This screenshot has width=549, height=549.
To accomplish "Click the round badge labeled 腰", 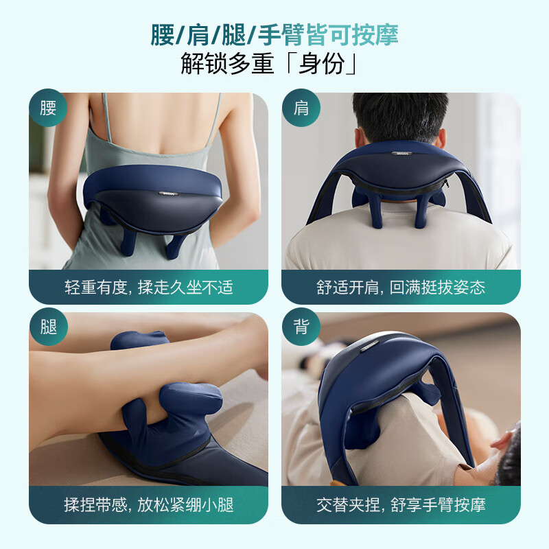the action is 48,108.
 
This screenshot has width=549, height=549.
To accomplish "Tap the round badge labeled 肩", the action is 301,108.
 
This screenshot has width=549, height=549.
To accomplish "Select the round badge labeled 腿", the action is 48,327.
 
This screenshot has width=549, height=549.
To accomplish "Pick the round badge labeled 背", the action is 301,327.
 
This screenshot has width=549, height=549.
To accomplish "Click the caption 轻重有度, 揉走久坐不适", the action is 149,288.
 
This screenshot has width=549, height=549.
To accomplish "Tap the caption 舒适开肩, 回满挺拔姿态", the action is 401,288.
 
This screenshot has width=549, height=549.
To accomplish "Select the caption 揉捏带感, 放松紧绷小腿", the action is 149,505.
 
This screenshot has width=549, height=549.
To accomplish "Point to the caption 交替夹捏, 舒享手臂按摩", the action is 401,505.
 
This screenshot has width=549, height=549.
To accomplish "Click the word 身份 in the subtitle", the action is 321,64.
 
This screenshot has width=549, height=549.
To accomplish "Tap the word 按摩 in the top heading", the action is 375,35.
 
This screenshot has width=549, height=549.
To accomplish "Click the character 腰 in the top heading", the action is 163,35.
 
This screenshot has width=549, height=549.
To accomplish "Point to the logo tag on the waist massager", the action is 168,194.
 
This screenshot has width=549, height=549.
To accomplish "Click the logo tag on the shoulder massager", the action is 400,153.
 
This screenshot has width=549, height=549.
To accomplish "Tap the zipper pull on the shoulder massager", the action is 445,183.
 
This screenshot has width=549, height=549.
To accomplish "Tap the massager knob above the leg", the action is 140,340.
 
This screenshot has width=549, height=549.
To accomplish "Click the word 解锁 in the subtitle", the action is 203,64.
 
